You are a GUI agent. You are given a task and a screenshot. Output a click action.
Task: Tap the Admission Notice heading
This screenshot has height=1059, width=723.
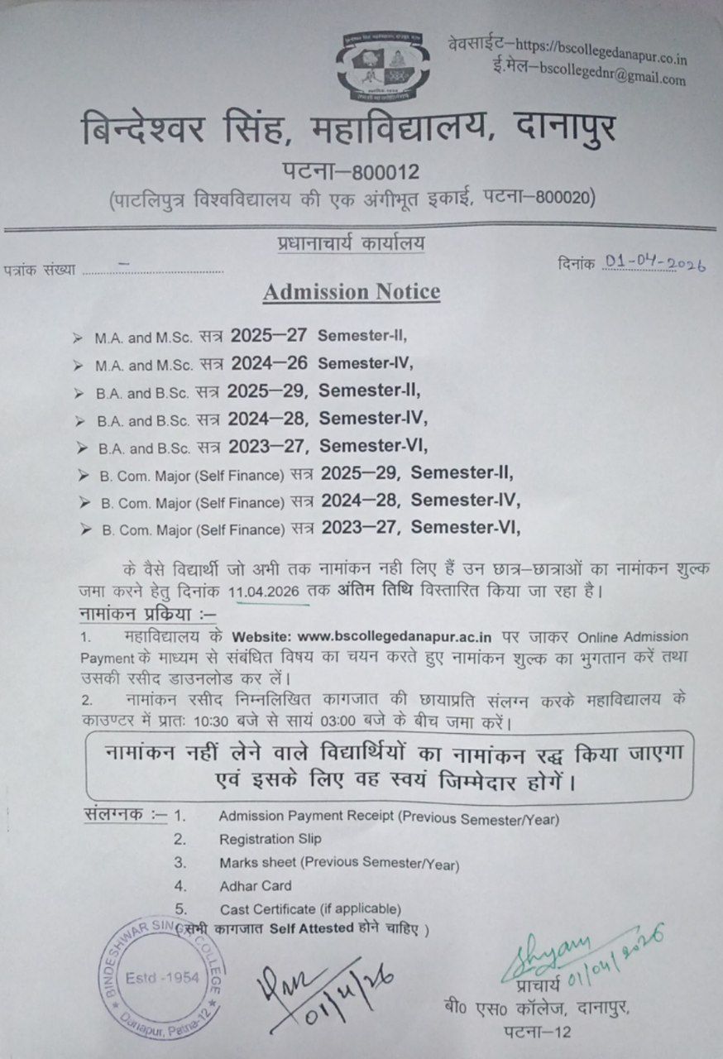click(352, 292)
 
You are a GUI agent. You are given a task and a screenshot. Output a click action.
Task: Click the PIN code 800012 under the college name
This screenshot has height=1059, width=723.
click(386, 171)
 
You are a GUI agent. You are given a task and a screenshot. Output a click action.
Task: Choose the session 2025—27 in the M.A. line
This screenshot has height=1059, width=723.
click(271, 337)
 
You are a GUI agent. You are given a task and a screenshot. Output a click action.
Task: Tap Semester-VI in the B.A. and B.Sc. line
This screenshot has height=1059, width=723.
click(373, 446)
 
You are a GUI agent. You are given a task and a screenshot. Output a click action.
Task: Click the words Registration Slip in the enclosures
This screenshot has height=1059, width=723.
click(271, 839)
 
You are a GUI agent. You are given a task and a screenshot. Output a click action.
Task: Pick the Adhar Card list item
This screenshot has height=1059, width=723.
click(255, 886)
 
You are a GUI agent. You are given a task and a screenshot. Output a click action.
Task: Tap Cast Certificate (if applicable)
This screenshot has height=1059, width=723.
click(310, 909)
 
